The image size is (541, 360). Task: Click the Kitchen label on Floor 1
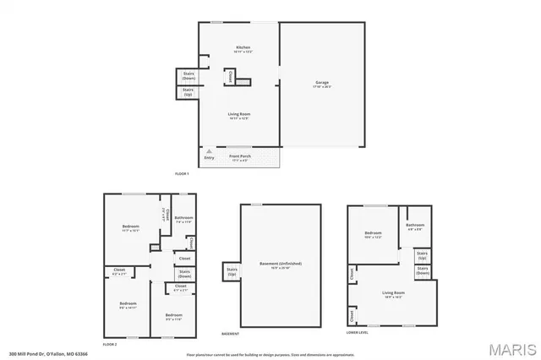(242, 47)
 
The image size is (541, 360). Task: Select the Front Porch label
(240, 156)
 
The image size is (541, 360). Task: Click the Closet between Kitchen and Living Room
(231, 76)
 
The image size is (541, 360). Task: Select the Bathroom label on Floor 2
(184, 218)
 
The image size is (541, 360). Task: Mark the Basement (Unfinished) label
(281, 264)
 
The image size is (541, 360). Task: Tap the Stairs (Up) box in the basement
(231, 272)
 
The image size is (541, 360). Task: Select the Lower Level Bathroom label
(414, 226)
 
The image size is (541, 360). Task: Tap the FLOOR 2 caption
(109, 345)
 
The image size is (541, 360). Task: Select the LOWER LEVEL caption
(358, 334)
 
